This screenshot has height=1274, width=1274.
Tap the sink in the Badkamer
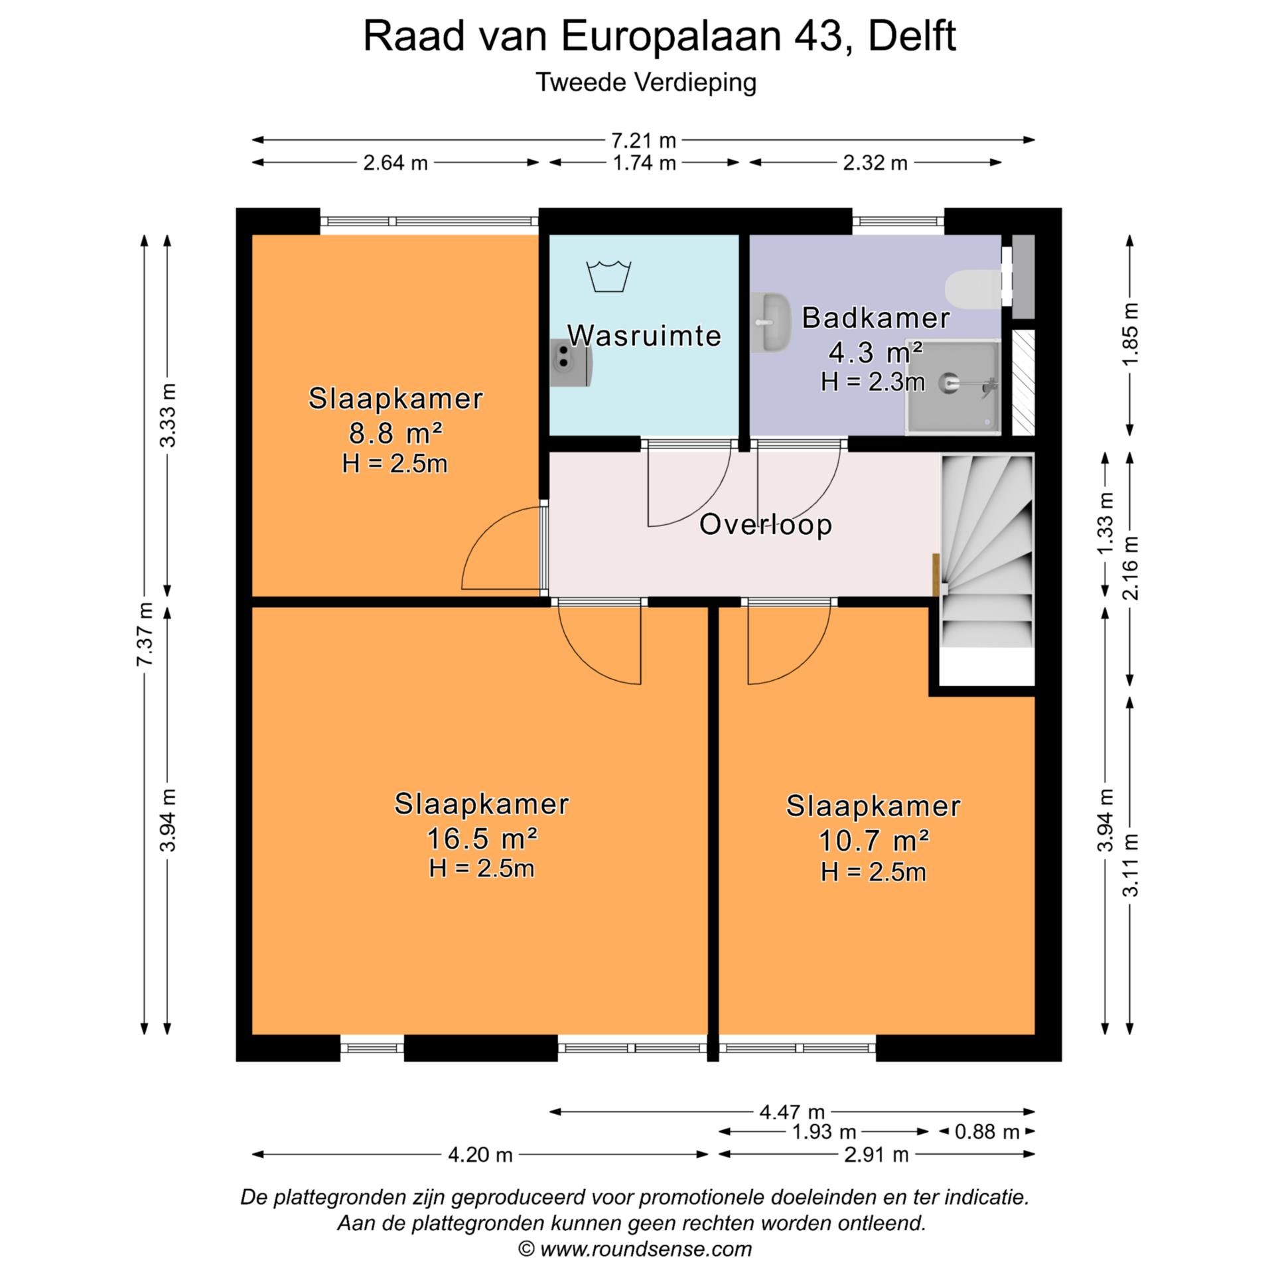(x=772, y=322)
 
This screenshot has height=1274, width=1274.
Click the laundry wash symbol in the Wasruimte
(x=608, y=276)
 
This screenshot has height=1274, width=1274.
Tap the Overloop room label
(x=765, y=525)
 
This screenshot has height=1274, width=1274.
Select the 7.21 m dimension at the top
(x=643, y=141)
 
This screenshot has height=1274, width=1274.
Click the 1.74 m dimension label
(x=644, y=163)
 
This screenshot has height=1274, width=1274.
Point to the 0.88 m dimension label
(x=987, y=1131)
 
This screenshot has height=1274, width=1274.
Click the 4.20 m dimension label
(x=480, y=1155)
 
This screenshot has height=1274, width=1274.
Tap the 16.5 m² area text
(x=481, y=839)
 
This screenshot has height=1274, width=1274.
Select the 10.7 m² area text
(x=873, y=841)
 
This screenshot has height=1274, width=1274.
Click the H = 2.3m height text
(x=872, y=382)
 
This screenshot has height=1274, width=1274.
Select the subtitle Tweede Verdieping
(x=646, y=83)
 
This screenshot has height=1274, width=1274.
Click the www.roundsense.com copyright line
(x=635, y=1249)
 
